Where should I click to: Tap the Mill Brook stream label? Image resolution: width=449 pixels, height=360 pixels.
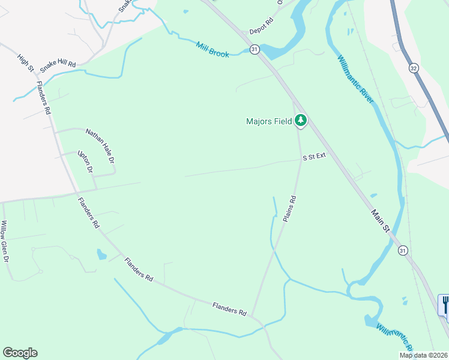212,50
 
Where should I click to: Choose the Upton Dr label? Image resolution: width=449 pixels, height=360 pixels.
86,162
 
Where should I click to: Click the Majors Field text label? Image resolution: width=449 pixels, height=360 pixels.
269,121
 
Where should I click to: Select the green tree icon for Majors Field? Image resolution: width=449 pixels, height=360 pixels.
301,121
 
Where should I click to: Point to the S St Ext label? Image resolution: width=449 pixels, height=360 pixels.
314,157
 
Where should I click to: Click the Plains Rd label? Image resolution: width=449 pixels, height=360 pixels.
290,209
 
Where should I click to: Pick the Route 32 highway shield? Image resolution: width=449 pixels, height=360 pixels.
414,68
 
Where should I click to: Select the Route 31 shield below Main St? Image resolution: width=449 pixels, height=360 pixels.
402,250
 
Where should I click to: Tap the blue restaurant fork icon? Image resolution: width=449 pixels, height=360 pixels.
445,305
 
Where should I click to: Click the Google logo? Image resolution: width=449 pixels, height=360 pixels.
20,353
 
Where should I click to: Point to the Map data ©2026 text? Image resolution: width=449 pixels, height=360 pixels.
423,355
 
